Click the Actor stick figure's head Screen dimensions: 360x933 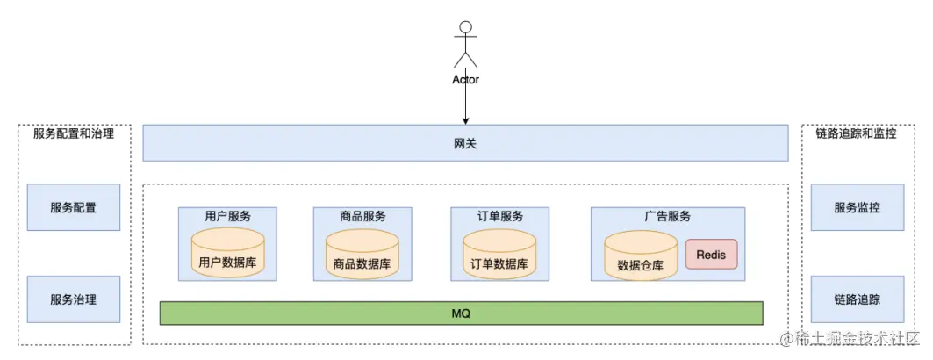(x=465, y=26)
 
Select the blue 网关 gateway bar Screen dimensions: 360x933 (x=465, y=143)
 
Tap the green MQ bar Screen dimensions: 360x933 (x=461, y=313)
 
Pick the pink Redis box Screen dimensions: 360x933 (x=711, y=255)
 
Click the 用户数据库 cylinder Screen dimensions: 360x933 (x=227, y=253)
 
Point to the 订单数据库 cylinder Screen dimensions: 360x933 (x=499, y=254)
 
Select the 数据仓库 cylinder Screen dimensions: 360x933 (x=641, y=256)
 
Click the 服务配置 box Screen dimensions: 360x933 (x=73, y=207)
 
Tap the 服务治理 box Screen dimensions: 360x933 (x=73, y=299)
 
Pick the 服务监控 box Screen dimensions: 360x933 (x=857, y=207)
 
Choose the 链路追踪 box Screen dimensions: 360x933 (x=857, y=299)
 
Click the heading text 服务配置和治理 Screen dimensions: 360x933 (x=74, y=134)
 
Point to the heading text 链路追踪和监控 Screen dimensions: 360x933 (x=856, y=134)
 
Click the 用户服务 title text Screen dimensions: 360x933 (x=227, y=216)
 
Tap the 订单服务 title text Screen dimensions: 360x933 (x=499, y=216)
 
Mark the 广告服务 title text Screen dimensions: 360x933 (x=667, y=216)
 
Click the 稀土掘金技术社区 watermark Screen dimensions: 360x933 (x=856, y=338)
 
